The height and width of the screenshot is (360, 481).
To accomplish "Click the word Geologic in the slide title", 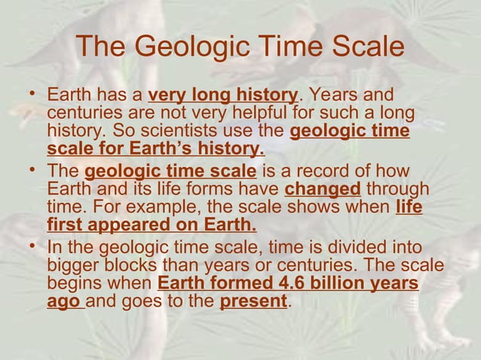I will pyautogui.click(x=183, y=48).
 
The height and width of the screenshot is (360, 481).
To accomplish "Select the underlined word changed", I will pyautogui.click(x=323, y=188).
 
